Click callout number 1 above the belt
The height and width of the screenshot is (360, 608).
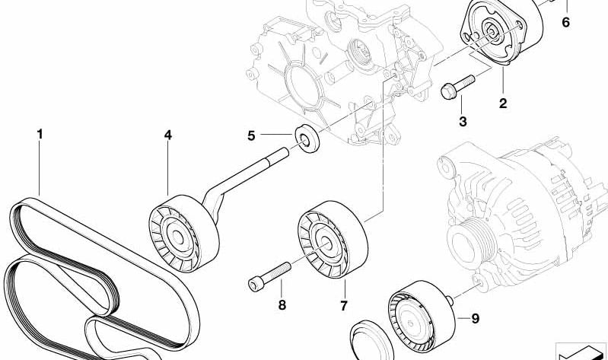40,135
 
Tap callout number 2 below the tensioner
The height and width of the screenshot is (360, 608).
502,104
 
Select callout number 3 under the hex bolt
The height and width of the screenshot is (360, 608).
463,122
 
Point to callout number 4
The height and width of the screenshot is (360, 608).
167,135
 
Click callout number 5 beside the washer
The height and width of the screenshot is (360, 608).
251,136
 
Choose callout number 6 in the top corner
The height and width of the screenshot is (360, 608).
565,23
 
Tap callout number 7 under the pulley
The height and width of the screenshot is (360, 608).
343,306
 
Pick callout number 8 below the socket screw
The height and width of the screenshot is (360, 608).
282,305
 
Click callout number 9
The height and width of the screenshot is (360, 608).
476,318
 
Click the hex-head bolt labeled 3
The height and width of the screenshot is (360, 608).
457,87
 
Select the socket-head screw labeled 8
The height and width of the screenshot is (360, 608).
269,276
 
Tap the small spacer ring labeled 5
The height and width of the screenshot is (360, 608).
307,138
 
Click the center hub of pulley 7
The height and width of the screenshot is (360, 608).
326,244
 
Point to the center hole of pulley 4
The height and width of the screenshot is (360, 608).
177,237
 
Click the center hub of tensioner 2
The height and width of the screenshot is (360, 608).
491,32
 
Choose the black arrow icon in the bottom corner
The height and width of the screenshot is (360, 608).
581,352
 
